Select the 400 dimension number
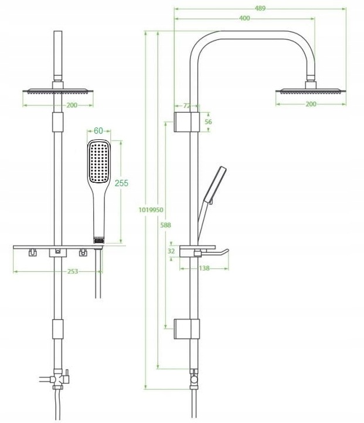pos(244,19)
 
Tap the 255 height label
pos(121,183)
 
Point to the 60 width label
pos(98,130)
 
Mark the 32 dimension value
pos(171,251)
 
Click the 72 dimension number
pos(187,106)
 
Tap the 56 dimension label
pos(209,122)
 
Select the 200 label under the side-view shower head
pos(311,104)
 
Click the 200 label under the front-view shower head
pos(57,106)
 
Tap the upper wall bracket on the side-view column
pos(187,122)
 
